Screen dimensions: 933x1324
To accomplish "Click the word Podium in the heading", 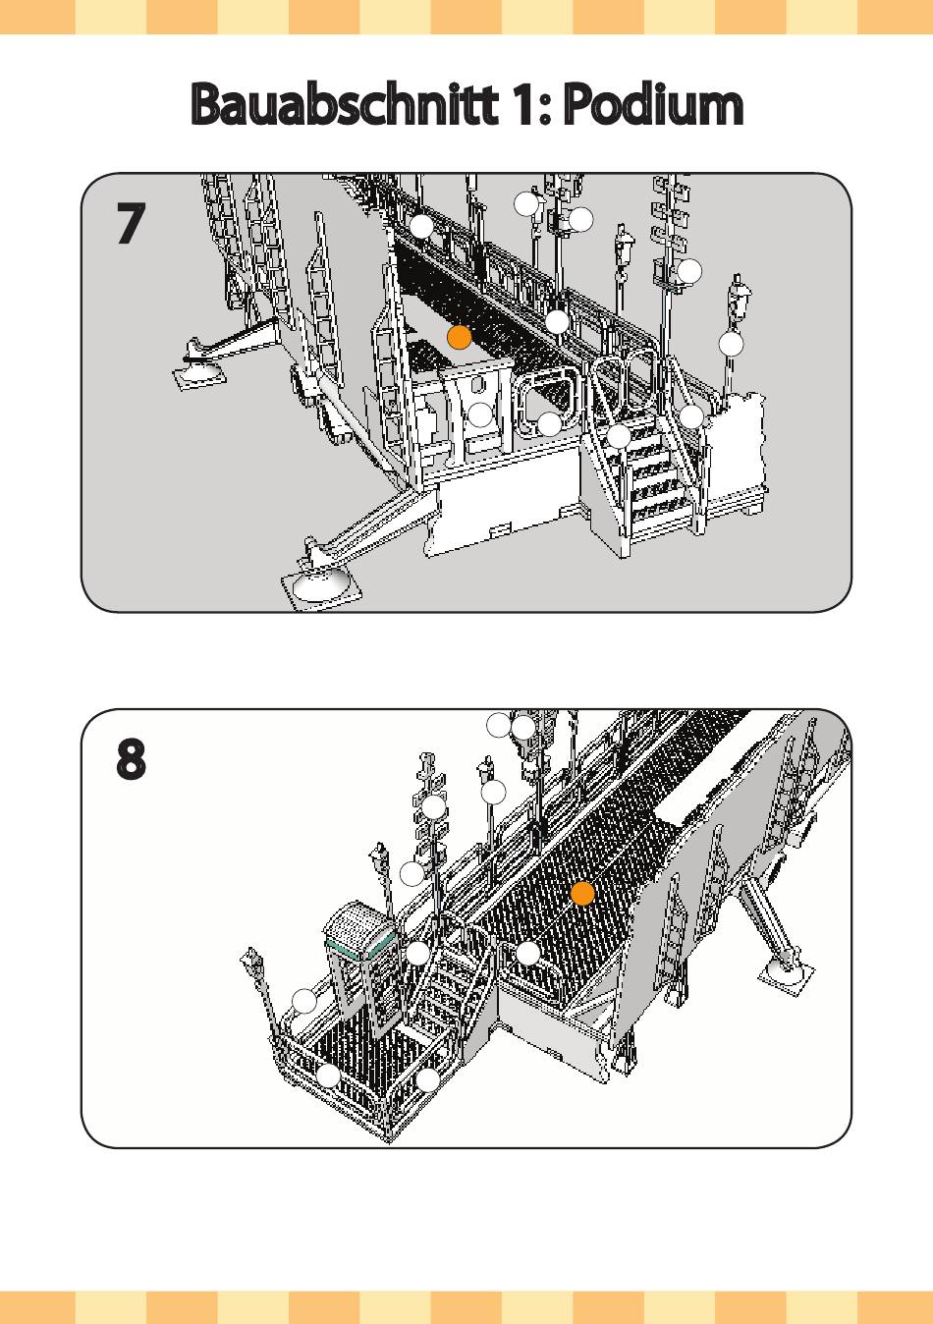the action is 654,104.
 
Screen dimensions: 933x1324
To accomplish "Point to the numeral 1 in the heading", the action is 521,104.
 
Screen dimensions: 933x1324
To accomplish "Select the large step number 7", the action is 131,225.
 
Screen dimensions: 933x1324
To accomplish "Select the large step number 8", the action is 131,760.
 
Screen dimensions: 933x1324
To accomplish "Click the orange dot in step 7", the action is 460,338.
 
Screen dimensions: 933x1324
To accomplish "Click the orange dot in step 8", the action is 582,894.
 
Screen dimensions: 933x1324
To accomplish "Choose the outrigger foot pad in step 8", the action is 787,972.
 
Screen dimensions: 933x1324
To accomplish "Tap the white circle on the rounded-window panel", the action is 549,424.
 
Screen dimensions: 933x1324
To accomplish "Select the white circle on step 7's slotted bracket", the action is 479,414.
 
